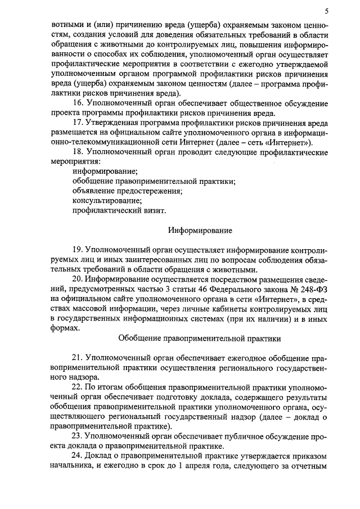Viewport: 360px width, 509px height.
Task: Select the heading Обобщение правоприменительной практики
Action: pos(200,339)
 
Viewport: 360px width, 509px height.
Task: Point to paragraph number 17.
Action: pos(78,122)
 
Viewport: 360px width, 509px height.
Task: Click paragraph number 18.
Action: pos(78,152)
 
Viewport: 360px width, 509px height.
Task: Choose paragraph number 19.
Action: pos(78,250)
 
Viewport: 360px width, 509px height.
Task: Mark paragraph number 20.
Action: pos(78,280)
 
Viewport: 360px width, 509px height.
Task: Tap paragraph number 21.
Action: pos(78,358)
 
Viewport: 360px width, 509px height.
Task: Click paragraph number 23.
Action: pos(78,436)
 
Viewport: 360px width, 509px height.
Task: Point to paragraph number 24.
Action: pos(78,456)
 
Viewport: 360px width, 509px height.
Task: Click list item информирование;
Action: pos(105,171)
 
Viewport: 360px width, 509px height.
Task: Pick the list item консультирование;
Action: pos(107,201)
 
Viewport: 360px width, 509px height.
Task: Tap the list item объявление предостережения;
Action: pos(128,191)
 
